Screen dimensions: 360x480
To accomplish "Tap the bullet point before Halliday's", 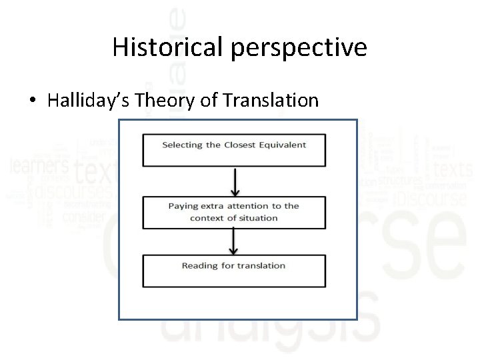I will (x=33, y=101).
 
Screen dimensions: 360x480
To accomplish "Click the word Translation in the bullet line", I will (x=271, y=101).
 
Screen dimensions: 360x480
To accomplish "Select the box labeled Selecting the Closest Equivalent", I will (x=233, y=151).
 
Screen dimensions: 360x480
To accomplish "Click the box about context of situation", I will (x=233, y=212).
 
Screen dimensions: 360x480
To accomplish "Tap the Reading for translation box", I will (x=233, y=271).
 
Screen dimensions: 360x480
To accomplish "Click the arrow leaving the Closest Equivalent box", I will (x=233, y=180).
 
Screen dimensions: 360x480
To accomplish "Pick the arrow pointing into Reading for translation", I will (x=233, y=241).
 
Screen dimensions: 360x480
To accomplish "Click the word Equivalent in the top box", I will (x=283, y=145).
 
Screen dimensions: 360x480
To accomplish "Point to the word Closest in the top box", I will (x=241, y=145).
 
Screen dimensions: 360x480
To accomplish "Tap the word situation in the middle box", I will (x=257, y=218).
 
